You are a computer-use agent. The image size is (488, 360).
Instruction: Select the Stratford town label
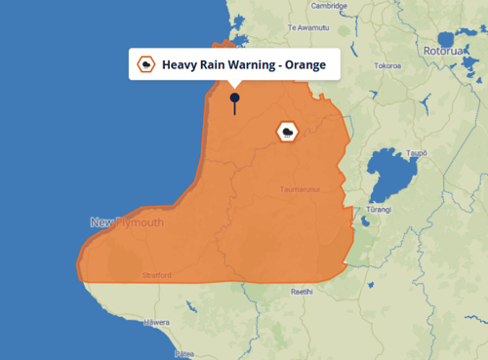157,276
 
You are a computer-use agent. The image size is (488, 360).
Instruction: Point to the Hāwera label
157,321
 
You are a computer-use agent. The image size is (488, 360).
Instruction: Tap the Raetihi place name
301,291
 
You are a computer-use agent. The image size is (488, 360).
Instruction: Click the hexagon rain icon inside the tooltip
146,65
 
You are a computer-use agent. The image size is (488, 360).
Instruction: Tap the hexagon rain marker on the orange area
288,132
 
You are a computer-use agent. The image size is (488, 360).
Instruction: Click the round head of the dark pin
234,98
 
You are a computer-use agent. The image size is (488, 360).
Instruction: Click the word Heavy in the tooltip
182,65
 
